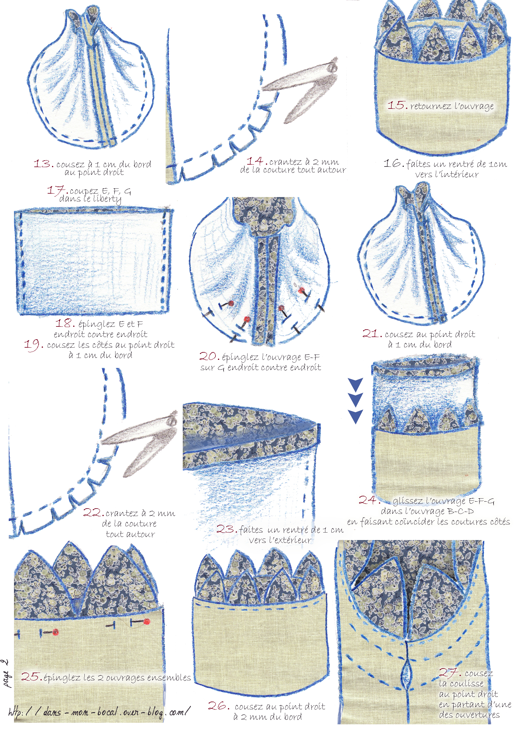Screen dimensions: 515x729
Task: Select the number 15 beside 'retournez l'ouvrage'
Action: [397, 105]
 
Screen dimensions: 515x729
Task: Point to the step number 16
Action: [394, 163]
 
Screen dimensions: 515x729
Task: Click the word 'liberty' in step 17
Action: [107, 199]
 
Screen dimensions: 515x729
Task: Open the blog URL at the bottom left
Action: [99, 712]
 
